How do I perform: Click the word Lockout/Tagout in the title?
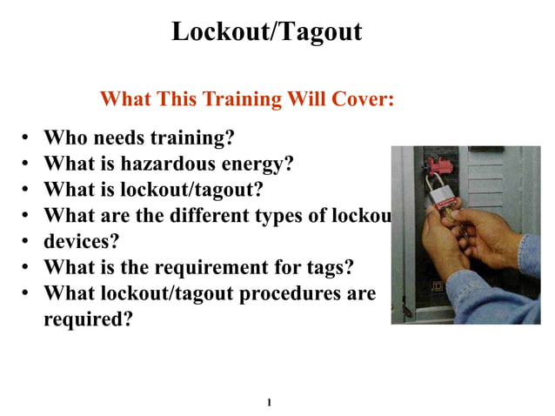click(266, 32)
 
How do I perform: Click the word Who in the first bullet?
click(63, 138)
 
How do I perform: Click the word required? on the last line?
click(88, 319)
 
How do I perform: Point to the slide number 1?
click(270, 402)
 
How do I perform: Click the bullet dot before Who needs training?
click(26, 138)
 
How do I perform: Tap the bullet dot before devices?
click(26, 240)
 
